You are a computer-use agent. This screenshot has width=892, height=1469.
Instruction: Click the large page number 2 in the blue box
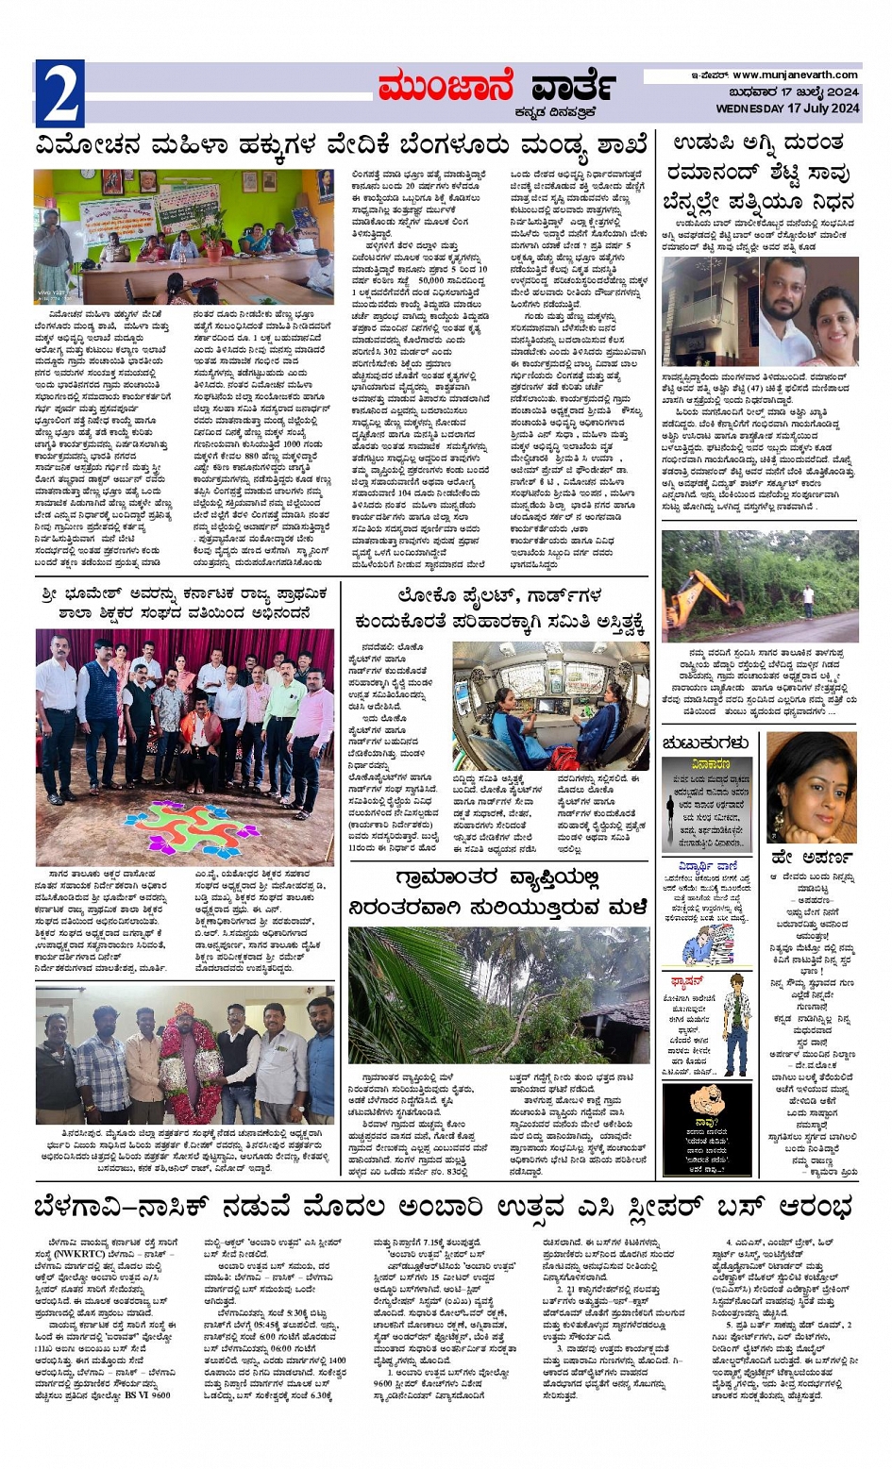59,93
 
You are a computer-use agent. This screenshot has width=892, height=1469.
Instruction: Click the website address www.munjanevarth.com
795,75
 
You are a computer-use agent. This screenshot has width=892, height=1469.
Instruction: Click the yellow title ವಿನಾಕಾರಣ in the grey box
710,765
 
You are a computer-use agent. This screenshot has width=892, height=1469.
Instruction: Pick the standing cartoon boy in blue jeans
734,1024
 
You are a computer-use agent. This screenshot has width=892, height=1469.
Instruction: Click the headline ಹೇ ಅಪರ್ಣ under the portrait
813,859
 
